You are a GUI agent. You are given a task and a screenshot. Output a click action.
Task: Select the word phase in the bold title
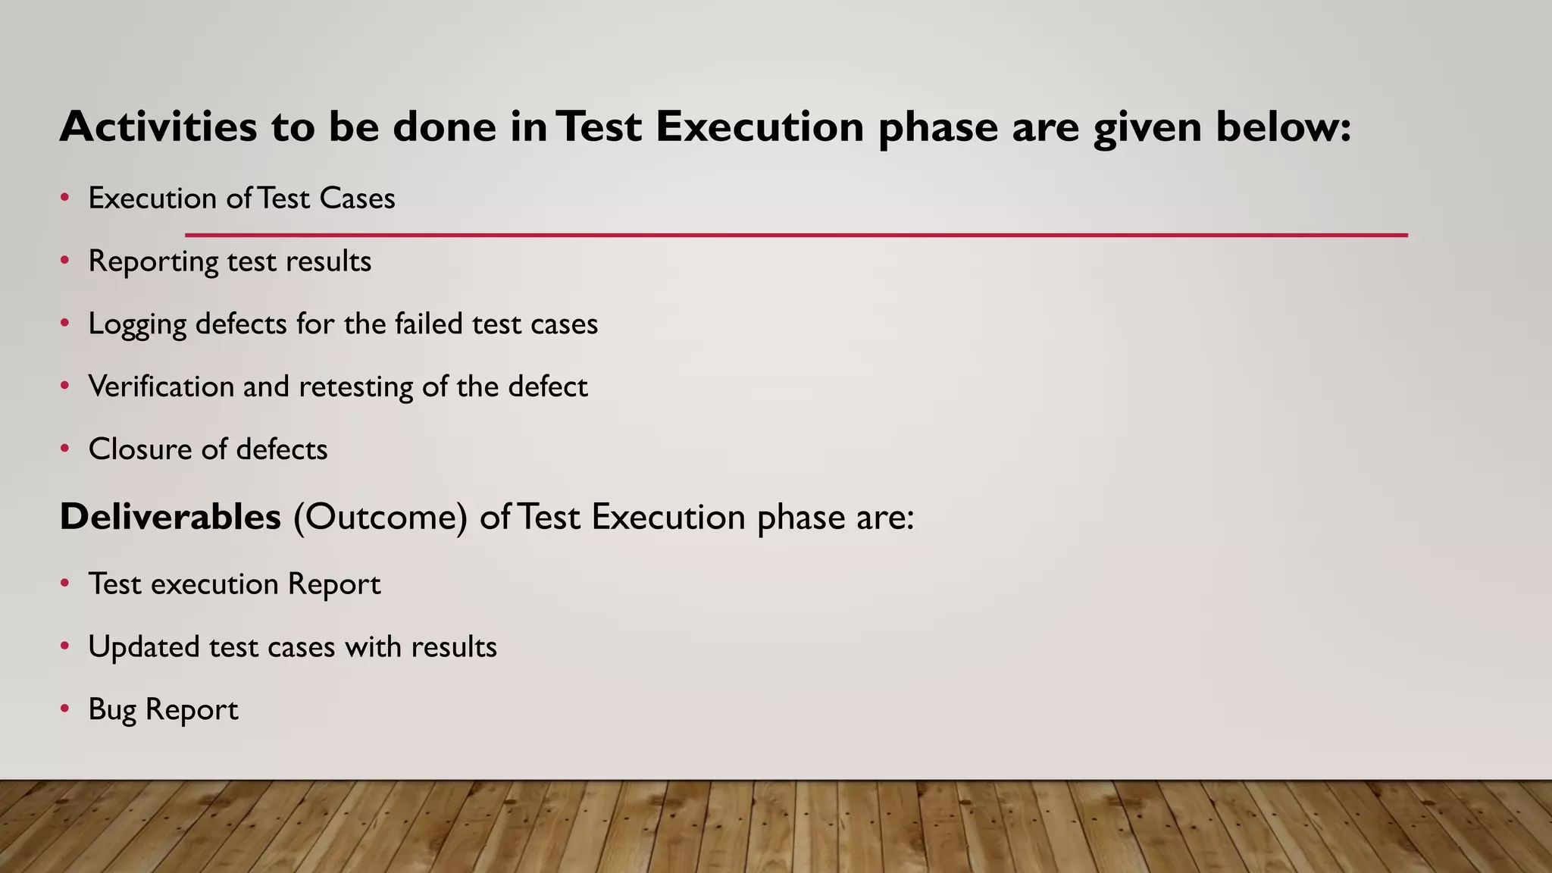pyautogui.click(x=937, y=127)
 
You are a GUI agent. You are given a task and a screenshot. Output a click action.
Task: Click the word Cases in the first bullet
pyautogui.click(x=357, y=199)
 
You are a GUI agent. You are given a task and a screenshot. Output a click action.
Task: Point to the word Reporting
pyautogui.click(x=153, y=262)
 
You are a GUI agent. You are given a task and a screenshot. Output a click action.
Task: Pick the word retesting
pyautogui.click(x=355, y=387)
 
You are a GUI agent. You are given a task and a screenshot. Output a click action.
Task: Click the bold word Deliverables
pyautogui.click(x=171, y=517)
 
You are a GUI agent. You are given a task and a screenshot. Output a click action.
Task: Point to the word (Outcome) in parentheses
pyautogui.click(x=380, y=518)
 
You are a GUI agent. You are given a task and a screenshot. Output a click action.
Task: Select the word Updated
pyautogui.click(x=143, y=648)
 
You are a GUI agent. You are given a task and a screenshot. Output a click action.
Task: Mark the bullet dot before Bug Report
pyautogui.click(x=65, y=709)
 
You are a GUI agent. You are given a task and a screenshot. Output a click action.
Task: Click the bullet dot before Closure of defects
pyautogui.click(x=65, y=449)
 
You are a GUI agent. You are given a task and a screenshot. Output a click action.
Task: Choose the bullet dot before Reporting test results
pyautogui.click(x=65, y=261)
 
